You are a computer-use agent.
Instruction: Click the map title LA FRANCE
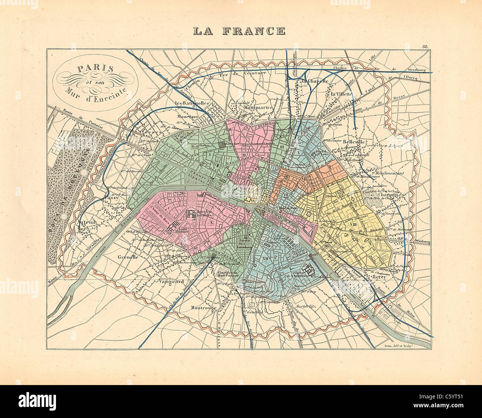239,30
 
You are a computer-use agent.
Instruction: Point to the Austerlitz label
306,307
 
